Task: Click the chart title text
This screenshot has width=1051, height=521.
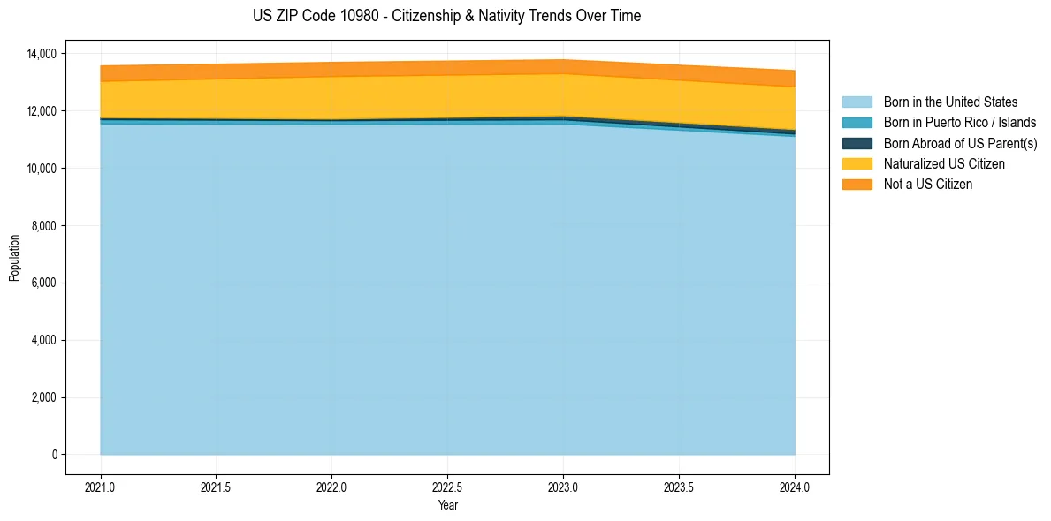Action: [x=446, y=16]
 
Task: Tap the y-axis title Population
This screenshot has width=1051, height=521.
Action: [x=14, y=257]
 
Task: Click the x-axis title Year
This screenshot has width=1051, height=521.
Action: [x=447, y=506]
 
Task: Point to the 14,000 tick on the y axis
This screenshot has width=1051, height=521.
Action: [x=42, y=54]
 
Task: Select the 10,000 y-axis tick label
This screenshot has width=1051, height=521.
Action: [x=42, y=169]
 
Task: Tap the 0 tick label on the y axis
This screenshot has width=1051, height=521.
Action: [x=54, y=455]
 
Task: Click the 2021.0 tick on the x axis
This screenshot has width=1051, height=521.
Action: [x=101, y=487]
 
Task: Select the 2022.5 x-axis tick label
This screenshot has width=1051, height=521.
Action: [x=447, y=487]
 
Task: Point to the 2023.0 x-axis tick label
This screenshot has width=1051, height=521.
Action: [x=563, y=487]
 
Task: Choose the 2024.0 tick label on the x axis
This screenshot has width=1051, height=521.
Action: [x=795, y=487]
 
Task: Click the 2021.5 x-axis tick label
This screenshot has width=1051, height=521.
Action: [x=216, y=487]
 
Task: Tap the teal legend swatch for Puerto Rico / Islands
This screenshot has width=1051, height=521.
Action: [x=857, y=123]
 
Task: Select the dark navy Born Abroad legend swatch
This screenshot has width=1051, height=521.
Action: [x=857, y=143]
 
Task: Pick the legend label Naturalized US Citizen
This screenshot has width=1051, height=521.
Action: [x=944, y=163]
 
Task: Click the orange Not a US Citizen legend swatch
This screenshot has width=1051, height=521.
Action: [x=857, y=184]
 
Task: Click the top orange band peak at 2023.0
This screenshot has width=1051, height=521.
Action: [x=563, y=66]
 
